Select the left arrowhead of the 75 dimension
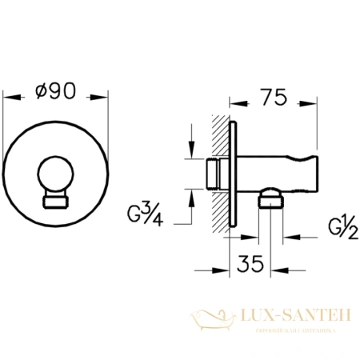233,103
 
